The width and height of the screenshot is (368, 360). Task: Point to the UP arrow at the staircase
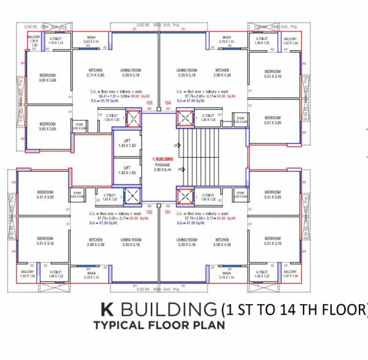[177, 145]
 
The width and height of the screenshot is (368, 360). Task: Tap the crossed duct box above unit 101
[185, 196]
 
